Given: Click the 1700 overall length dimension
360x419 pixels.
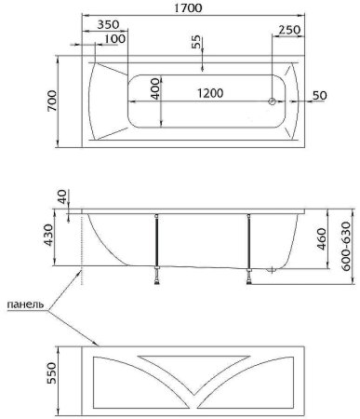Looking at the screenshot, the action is [188, 7].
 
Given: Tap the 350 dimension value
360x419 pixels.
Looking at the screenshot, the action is [108, 24].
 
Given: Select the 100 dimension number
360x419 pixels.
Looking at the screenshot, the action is [114, 39].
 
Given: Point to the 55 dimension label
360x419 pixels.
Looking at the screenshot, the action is [196, 42].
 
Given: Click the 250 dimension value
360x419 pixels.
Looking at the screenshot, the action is [289, 30].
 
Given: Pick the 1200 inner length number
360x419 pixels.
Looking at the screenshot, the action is [210, 93].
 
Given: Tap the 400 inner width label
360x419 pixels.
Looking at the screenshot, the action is [156, 88].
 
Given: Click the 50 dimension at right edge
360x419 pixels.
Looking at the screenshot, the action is [319, 95].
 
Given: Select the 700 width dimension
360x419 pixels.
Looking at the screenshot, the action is [52, 101].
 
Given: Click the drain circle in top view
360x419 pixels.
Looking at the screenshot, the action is [272, 101].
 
